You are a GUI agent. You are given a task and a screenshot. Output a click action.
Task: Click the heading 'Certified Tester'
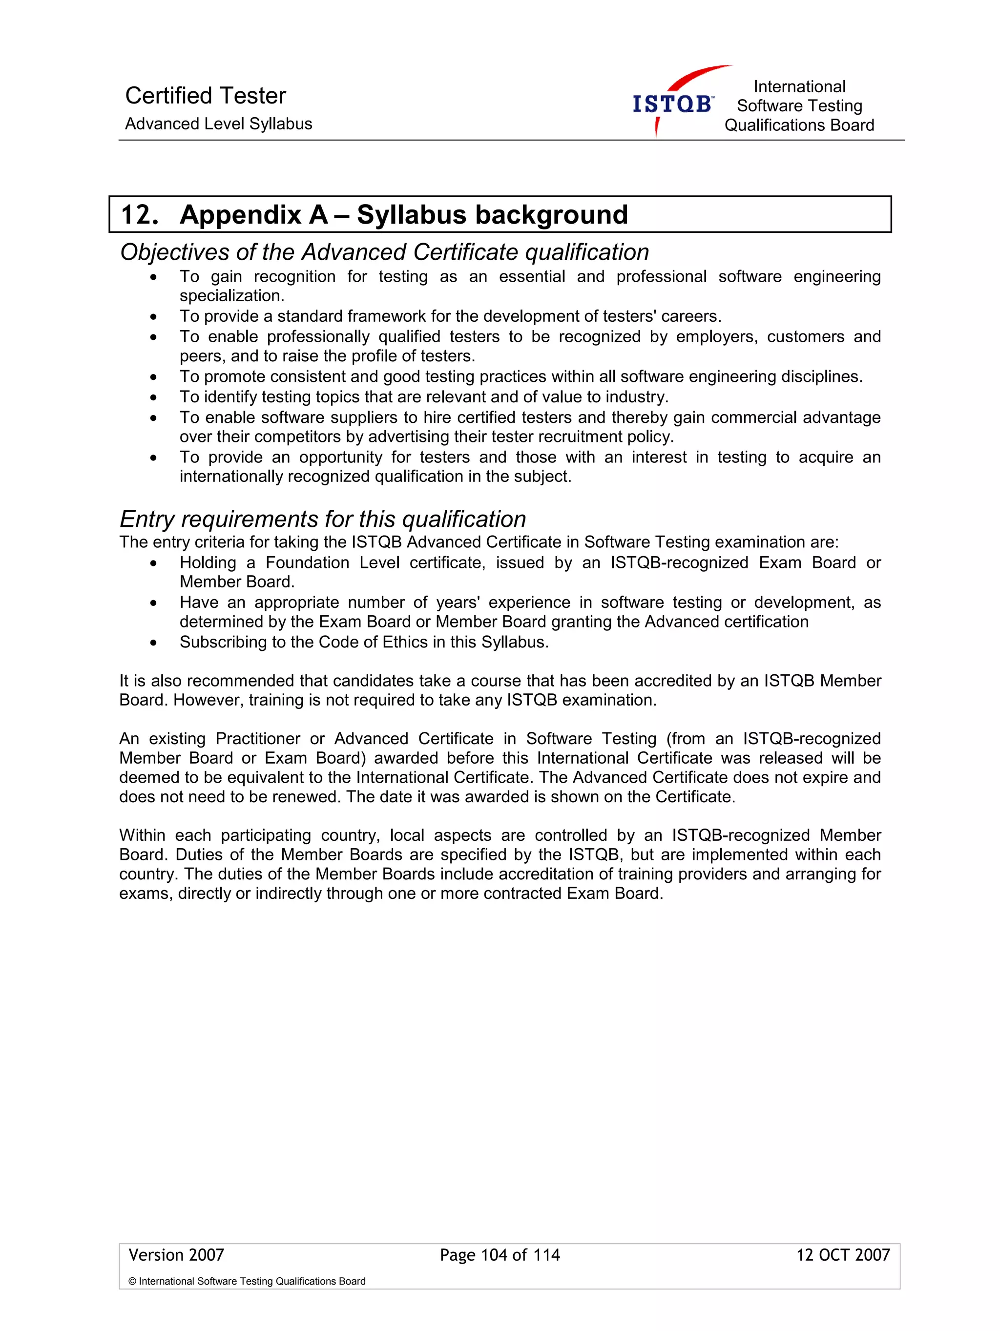205,96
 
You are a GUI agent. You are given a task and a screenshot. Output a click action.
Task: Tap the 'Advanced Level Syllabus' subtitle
218,124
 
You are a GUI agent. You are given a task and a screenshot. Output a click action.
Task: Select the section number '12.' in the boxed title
140,215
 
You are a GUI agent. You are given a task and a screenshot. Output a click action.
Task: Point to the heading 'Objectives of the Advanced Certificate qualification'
384,252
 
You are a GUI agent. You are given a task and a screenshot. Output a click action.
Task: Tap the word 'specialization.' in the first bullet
231,296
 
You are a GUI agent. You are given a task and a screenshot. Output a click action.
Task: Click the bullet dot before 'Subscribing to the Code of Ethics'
154,643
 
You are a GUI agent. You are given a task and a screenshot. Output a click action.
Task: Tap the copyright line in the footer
247,1282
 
